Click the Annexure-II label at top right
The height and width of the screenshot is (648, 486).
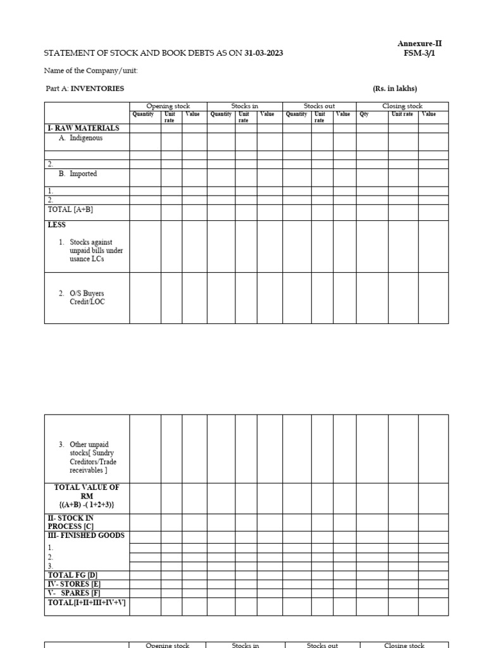[x=420, y=44]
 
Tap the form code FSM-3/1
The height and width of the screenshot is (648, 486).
[x=420, y=53]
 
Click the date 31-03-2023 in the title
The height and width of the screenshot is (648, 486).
[x=264, y=53]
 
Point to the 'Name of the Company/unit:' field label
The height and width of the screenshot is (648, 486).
[x=91, y=71]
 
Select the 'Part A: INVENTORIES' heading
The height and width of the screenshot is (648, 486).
[x=85, y=89]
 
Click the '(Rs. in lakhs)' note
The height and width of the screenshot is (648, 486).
[x=395, y=89]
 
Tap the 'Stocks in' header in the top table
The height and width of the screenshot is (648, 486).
[x=245, y=106]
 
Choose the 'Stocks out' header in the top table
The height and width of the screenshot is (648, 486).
[x=320, y=106]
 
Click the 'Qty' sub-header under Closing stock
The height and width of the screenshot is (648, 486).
[x=364, y=115]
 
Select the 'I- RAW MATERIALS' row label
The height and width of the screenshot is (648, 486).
[x=84, y=128]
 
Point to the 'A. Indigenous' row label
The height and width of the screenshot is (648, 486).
[x=81, y=138]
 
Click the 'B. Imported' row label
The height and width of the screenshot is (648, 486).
[x=78, y=174]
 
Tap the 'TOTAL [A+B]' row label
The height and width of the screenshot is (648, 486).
[x=70, y=209]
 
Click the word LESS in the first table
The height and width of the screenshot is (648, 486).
[x=57, y=225]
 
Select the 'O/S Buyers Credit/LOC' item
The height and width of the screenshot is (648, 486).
[x=87, y=298]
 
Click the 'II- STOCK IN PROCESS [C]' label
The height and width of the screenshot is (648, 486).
[x=71, y=522]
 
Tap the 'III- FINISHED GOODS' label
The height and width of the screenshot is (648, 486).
[x=86, y=535]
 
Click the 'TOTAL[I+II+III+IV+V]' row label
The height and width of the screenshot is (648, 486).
[x=87, y=603]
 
